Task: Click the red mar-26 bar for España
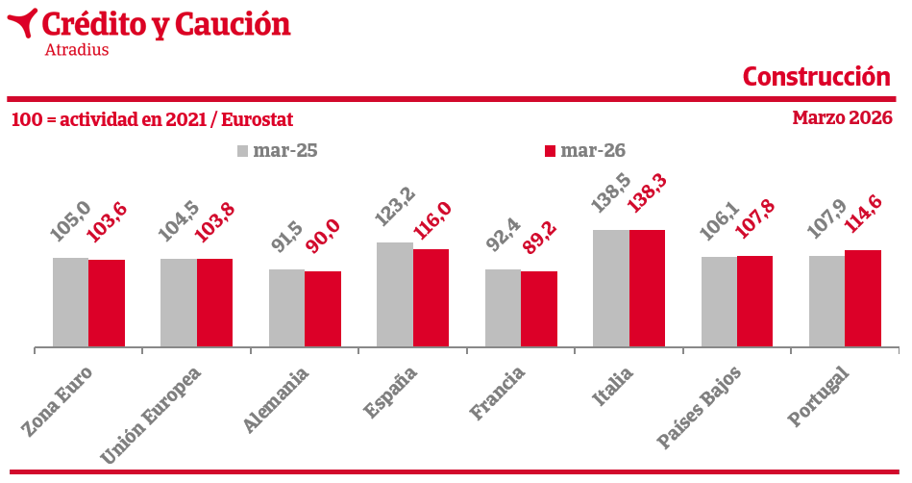click(x=431, y=298)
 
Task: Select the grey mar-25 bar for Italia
click(x=610, y=289)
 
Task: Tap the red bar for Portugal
click(x=863, y=299)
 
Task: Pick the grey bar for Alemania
click(x=286, y=308)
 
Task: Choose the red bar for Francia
click(x=539, y=310)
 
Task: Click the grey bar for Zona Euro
click(x=70, y=302)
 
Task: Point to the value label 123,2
click(x=395, y=206)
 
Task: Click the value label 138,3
click(x=647, y=193)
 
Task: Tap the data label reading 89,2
click(x=540, y=237)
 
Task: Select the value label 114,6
click(x=863, y=214)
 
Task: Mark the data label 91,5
click(x=287, y=236)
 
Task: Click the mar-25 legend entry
click(x=278, y=151)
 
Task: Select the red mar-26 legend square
click(x=551, y=151)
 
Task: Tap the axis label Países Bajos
click(x=699, y=407)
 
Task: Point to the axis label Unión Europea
click(x=150, y=416)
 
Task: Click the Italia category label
click(x=612, y=386)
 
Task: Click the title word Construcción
click(x=817, y=77)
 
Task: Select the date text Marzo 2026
click(x=842, y=117)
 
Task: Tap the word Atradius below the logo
click(x=77, y=49)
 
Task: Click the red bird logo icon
click(x=22, y=22)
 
